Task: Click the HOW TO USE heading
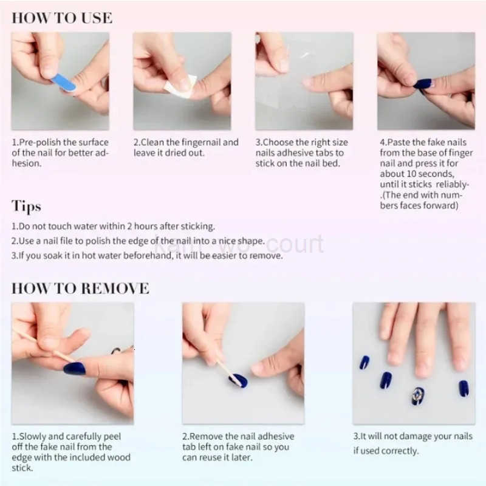click(62, 18)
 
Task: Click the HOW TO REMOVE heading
click(80, 288)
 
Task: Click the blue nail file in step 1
click(64, 83)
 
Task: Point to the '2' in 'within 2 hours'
click(125, 226)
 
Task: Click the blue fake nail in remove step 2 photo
click(238, 380)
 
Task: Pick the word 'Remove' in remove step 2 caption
click(207, 436)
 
